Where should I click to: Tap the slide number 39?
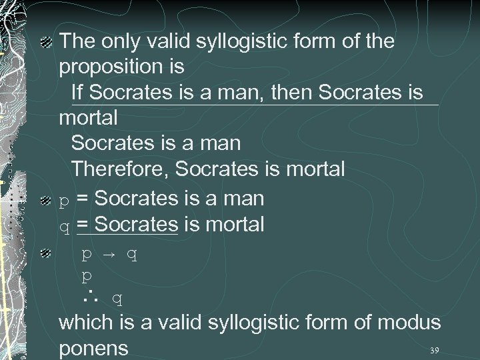pyautogui.click(x=435, y=350)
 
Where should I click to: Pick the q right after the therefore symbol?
pyautogui.click(x=117, y=299)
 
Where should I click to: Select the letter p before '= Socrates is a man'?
pyautogui.click(x=64, y=199)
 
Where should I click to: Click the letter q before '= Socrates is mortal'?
pyautogui.click(x=65, y=225)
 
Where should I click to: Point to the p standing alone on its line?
pyautogui.click(x=86, y=275)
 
